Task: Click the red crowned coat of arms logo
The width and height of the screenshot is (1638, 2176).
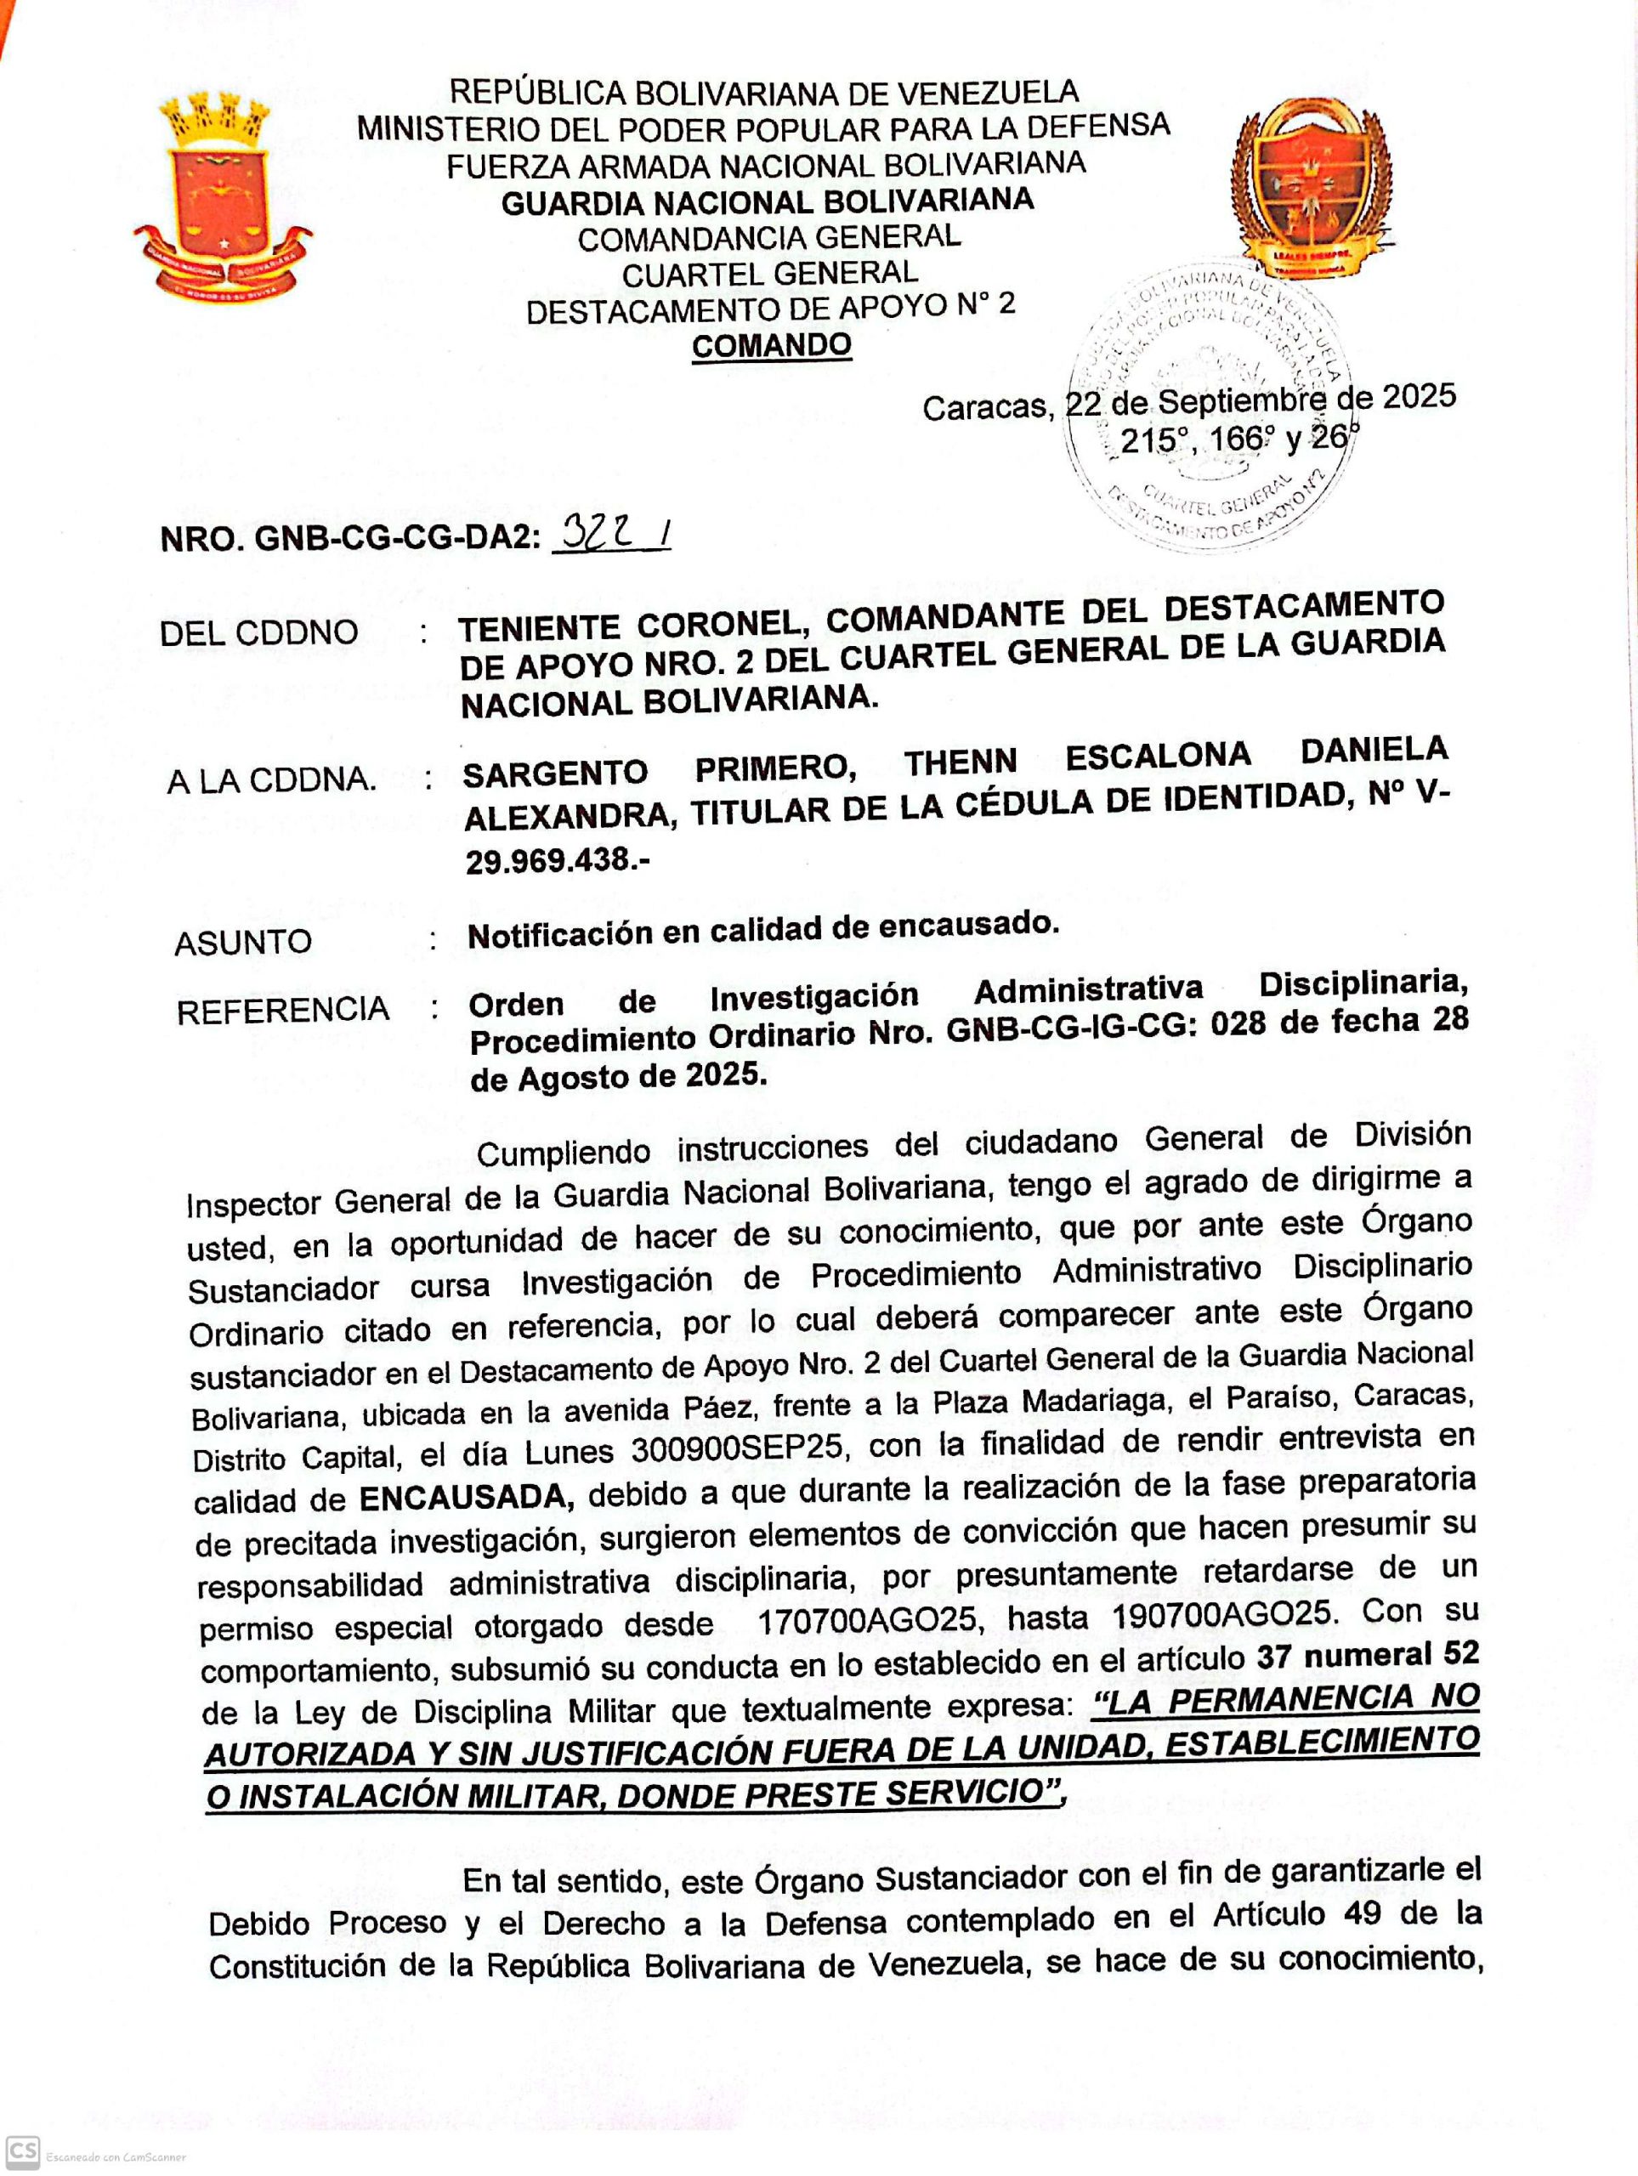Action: (x=223, y=195)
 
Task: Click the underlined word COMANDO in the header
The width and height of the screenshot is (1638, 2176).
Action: (x=771, y=345)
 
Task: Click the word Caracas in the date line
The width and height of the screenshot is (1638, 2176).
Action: (x=987, y=407)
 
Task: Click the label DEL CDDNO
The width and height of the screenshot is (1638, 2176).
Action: (x=258, y=632)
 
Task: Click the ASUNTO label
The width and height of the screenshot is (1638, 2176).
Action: (x=243, y=943)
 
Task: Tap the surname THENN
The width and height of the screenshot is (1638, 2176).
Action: (x=961, y=762)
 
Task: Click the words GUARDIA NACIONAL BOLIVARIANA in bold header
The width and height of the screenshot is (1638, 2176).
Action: (x=768, y=201)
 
